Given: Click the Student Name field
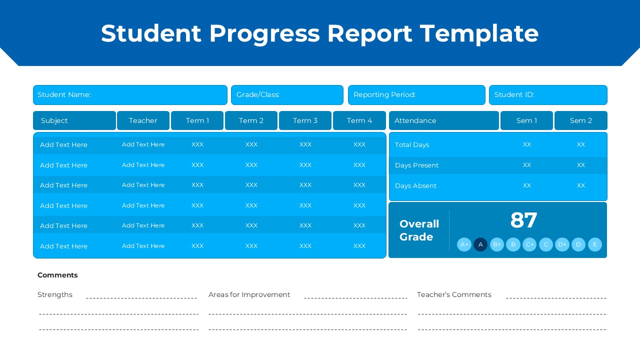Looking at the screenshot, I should [x=130, y=95].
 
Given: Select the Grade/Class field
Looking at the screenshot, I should [x=287, y=95].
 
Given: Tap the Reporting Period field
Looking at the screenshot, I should [x=416, y=95].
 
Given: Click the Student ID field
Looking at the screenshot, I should [x=548, y=95].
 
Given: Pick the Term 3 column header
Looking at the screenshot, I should [x=305, y=120].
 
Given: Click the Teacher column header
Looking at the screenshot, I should [x=143, y=120].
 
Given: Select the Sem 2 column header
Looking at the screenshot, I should [x=580, y=120].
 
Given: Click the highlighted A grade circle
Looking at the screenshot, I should [x=480, y=244].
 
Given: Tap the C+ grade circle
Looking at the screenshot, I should [x=529, y=244].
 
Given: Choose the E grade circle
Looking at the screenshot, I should [x=594, y=244].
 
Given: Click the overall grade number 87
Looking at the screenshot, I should [x=523, y=220].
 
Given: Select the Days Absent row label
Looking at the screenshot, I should [x=415, y=186].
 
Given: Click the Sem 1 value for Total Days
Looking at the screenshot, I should [x=526, y=144].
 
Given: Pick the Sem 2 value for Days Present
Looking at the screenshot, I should [x=580, y=165].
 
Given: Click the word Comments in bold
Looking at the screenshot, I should [x=57, y=275].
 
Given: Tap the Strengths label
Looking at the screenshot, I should [x=55, y=294].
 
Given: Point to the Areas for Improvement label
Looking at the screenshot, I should [x=249, y=294].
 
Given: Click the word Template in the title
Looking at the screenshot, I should [x=479, y=33].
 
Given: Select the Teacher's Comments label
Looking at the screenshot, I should [x=454, y=294].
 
